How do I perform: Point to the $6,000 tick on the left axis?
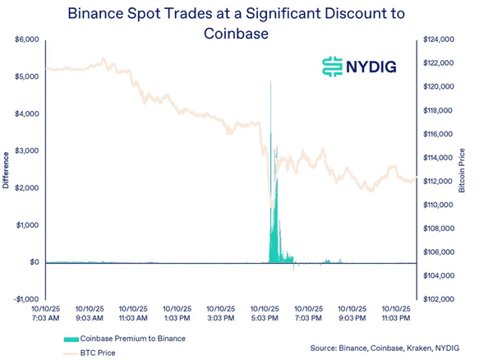pos(27,39)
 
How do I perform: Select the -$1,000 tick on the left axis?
pos(26,299)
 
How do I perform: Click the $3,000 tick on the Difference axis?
pos(27,150)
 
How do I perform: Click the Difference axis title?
pos(7,169)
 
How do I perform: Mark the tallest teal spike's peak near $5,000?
pos(270,82)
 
